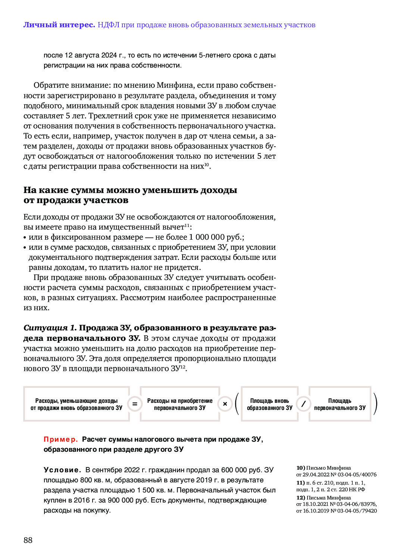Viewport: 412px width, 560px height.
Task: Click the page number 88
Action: pyautogui.click(x=28, y=540)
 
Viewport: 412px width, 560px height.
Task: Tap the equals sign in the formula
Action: pyautogui.click(x=135, y=404)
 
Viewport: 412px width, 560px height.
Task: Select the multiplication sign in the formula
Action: pyautogui.click(x=225, y=404)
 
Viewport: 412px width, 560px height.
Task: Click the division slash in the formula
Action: pyautogui.click(x=303, y=404)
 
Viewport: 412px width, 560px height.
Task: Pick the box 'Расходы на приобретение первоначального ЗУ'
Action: pyautogui.click(x=180, y=404)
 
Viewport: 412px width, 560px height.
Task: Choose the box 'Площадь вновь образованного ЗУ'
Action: pyautogui.click(x=269, y=404)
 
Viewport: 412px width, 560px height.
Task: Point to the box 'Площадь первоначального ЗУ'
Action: pyautogui.click(x=340, y=404)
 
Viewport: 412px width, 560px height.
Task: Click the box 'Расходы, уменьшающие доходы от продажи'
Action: pyautogui.click(x=77, y=404)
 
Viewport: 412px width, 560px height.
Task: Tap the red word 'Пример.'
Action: pyautogui.click(x=61, y=439)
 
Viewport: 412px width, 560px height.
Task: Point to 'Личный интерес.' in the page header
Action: pyautogui.click(x=59, y=25)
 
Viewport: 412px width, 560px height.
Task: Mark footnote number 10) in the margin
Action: pyautogui.click(x=300, y=468)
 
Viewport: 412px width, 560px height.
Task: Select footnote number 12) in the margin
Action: pyautogui.click(x=300, y=498)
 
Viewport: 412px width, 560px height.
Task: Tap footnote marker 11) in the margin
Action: pyautogui.click(x=300, y=483)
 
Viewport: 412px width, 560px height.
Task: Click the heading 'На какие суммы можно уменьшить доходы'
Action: pyautogui.click(x=130, y=190)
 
